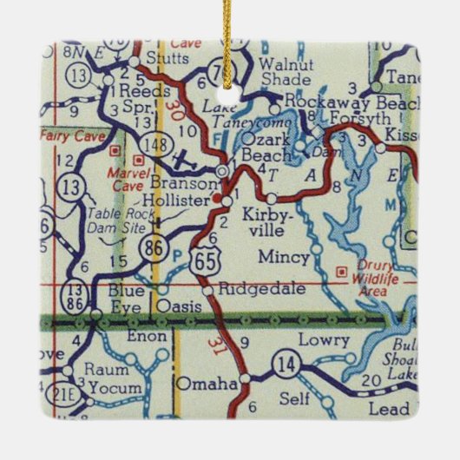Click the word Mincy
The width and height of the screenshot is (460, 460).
[280, 256]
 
